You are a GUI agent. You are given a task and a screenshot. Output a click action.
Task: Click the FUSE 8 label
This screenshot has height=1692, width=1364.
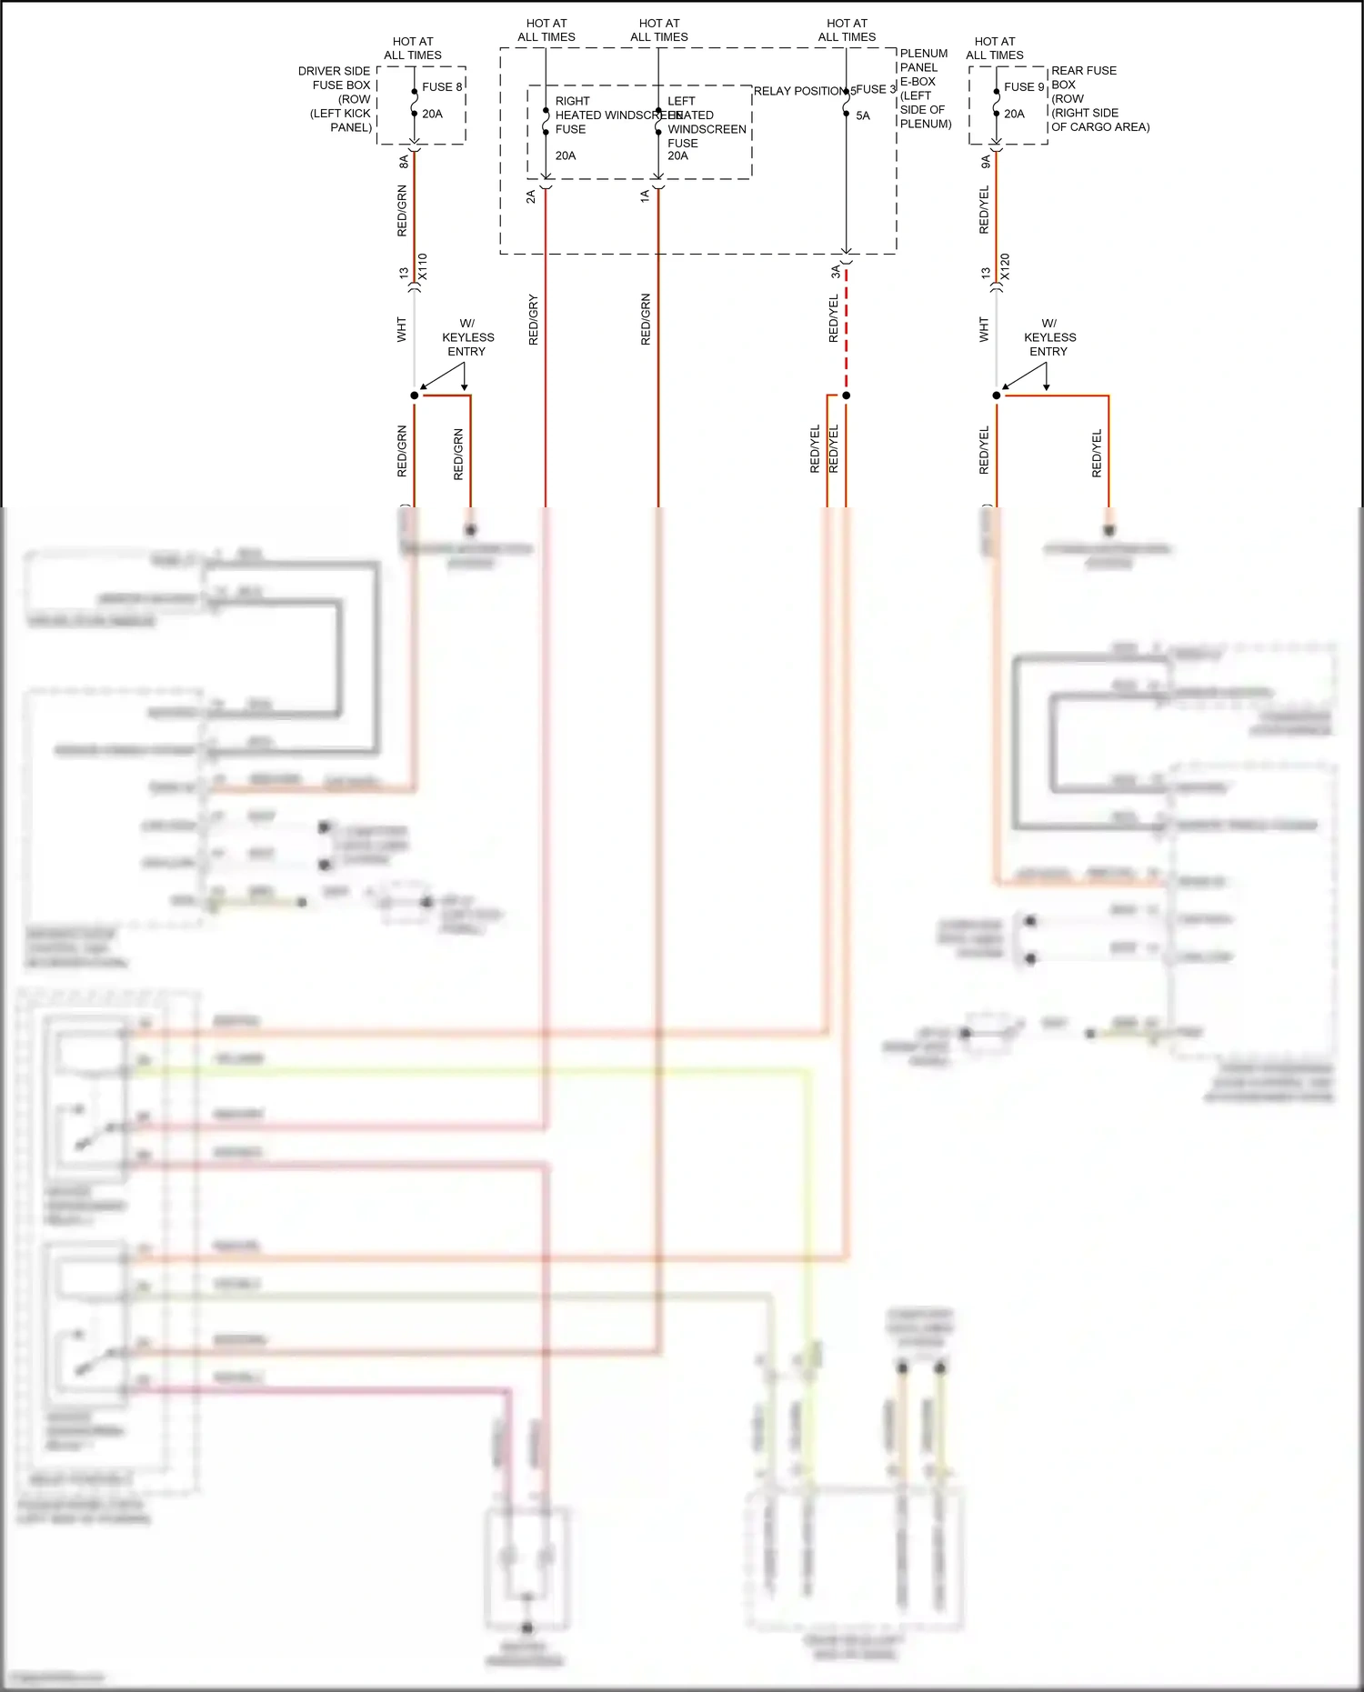(442, 86)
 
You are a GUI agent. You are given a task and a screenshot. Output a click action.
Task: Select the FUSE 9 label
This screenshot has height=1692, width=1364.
(1024, 86)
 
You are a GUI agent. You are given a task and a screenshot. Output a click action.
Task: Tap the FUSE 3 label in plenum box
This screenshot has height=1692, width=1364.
(876, 89)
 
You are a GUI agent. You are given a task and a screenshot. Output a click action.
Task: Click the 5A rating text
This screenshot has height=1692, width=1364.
(863, 115)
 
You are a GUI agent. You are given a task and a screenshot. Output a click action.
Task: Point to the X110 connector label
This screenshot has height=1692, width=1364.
(422, 266)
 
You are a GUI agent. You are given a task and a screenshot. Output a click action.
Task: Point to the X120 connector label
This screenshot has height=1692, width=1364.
(1004, 266)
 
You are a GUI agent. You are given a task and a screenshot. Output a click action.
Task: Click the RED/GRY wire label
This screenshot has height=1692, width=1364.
(533, 319)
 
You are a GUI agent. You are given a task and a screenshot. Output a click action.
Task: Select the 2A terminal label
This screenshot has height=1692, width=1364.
(531, 196)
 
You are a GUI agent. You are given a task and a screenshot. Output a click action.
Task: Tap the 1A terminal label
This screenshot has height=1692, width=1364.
(644, 196)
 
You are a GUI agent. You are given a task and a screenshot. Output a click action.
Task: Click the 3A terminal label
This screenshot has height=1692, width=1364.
(835, 272)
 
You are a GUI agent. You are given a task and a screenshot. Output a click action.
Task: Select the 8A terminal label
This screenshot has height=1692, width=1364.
(403, 161)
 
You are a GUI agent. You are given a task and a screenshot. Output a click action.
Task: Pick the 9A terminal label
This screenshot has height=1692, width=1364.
(985, 161)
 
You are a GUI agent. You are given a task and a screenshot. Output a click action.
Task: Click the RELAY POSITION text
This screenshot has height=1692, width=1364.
(799, 91)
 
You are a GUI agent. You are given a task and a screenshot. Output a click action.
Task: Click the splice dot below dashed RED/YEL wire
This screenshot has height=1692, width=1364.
(846, 395)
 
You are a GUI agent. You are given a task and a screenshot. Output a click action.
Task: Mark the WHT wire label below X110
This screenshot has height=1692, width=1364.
(401, 329)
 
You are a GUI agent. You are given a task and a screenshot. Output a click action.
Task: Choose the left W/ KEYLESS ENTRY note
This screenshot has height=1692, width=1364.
(467, 337)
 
